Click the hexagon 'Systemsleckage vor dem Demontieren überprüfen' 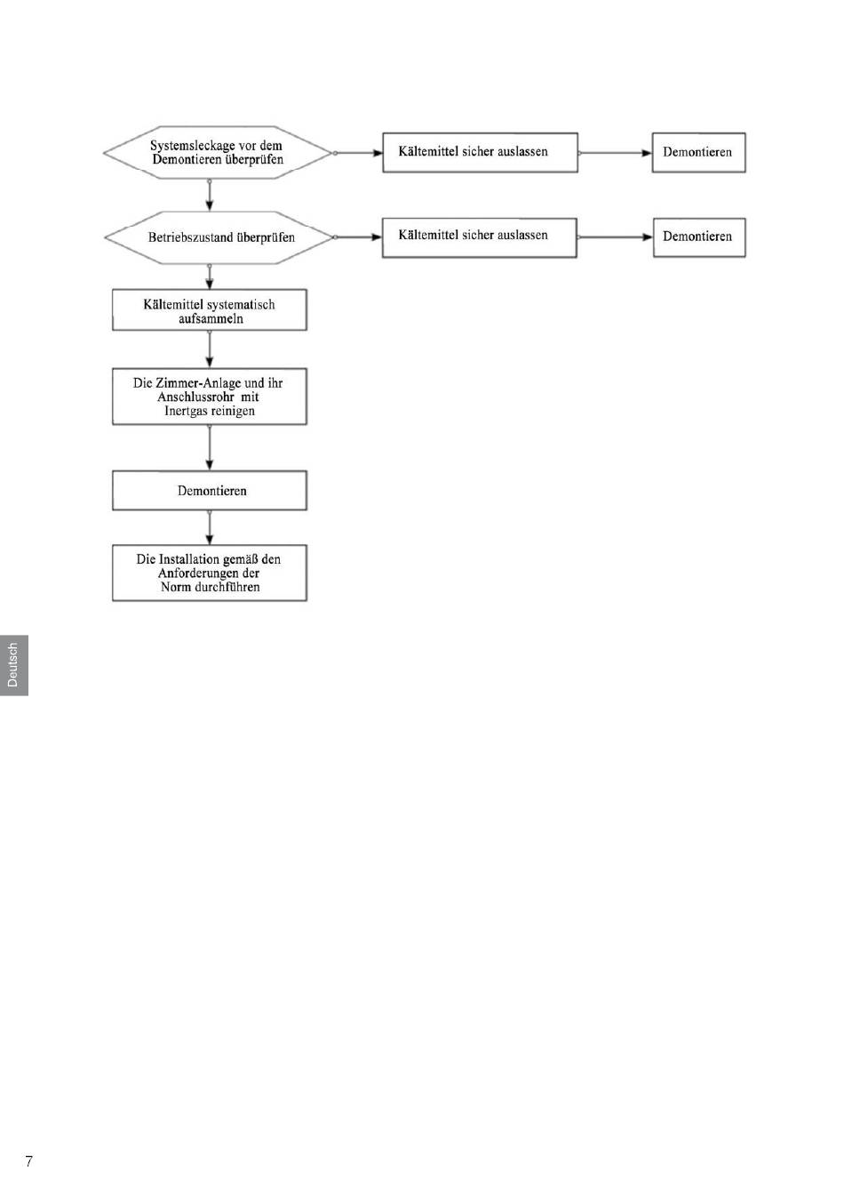[x=217, y=153]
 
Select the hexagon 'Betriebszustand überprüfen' [x=219, y=237]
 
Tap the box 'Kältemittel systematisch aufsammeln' [x=210, y=310]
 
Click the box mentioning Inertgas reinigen [x=210, y=397]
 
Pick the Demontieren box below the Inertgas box [x=210, y=490]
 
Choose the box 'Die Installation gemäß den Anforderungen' [x=210, y=573]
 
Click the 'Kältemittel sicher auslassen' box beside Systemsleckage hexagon [x=480, y=153]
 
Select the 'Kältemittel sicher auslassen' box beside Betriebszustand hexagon [x=480, y=237]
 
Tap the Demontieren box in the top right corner [x=698, y=153]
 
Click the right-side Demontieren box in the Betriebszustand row [x=699, y=237]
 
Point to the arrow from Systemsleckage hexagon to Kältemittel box [x=358, y=153]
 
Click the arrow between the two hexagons [x=210, y=196]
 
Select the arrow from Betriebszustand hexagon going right [x=358, y=237]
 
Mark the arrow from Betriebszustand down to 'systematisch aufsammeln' [x=210, y=277]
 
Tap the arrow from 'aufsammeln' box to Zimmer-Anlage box [x=210, y=349]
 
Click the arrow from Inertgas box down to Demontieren [x=210, y=447]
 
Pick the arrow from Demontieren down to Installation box [x=210, y=527]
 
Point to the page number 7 [x=28, y=1161]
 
